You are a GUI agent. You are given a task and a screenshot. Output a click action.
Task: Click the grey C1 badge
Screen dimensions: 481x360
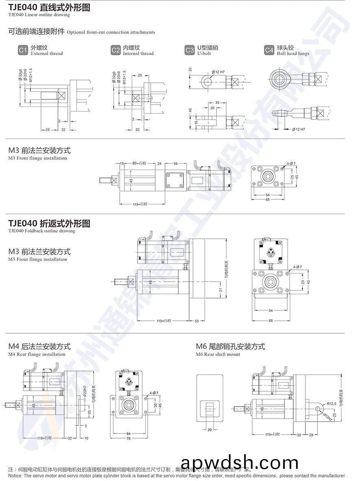point(23,50)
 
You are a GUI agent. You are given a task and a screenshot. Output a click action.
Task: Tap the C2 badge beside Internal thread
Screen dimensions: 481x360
point(115,50)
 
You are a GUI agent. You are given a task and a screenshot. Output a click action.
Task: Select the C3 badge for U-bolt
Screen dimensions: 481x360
point(189,50)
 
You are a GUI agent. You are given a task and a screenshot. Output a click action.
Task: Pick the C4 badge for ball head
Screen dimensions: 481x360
point(269,50)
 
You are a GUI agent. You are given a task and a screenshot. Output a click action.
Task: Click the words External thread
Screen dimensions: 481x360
point(47,54)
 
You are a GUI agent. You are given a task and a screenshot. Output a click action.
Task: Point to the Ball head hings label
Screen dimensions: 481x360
point(293,54)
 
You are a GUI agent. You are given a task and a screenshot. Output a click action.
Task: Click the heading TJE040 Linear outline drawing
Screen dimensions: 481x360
point(49,7)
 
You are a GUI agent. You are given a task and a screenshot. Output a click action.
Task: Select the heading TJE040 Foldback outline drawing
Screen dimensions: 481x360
point(49,223)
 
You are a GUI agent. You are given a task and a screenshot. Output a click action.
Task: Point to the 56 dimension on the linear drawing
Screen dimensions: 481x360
point(176,163)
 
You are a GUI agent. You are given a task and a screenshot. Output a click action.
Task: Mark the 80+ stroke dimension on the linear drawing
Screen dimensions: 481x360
point(139,163)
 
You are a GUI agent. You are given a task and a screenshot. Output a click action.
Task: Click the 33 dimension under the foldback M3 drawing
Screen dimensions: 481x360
point(197,321)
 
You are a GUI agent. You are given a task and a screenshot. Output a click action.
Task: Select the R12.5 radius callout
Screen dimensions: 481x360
point(321,403)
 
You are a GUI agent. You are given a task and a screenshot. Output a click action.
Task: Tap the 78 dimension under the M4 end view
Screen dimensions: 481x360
point(128,438)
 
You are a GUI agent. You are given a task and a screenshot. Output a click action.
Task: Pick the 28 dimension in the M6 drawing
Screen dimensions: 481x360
point(311,435)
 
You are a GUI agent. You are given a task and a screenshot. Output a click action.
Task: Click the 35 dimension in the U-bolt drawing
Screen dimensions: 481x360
point(217,102)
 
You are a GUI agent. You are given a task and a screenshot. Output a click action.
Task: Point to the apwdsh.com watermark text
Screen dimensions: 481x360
point(239,463)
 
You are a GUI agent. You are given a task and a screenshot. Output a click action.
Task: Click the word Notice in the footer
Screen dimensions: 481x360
point(15,476)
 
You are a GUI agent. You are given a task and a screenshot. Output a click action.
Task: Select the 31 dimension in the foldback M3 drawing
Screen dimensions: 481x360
point(220,289)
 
